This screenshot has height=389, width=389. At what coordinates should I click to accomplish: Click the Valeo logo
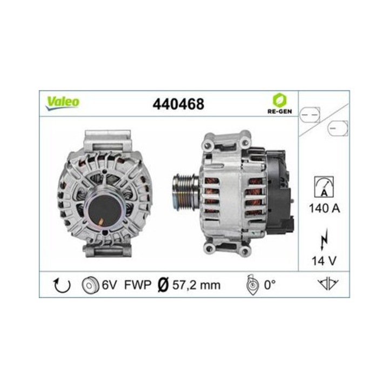point(63,102)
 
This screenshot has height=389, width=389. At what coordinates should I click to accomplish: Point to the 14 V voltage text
point(324,260)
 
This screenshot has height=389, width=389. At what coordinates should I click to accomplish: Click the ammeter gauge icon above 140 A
point(324,186)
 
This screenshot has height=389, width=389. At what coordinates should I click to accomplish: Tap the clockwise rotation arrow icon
point(61,285)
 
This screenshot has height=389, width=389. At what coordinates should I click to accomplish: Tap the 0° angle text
point(270,285)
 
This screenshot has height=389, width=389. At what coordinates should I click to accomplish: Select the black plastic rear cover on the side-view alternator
point(279,189)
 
